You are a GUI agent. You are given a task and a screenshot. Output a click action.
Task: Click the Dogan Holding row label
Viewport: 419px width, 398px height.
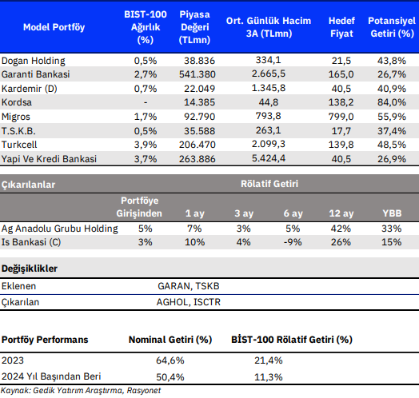pyautogui.click(x=33, y=61)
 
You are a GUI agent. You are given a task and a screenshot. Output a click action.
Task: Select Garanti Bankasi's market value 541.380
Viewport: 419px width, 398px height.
pyautogui.click(x=198, y=74)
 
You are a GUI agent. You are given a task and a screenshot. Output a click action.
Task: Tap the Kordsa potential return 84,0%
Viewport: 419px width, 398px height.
pyautogui.click(x=392, y=102)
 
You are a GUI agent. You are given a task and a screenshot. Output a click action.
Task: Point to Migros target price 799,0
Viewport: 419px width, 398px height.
pyautogui.click(x=341, y=117)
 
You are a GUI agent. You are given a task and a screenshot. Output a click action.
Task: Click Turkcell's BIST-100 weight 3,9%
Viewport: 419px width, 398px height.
pyautogui.click(x=146, y=145)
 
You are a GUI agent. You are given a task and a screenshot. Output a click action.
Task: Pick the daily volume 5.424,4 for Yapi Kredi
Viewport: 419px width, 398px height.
pyautogui.click(x=269, y=158)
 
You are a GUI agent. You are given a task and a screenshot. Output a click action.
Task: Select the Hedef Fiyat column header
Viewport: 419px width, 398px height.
pyautogui.click(x=341, y=27)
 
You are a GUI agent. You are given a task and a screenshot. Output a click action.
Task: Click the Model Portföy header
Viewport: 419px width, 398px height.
pyautogui.click(x=54, y=27)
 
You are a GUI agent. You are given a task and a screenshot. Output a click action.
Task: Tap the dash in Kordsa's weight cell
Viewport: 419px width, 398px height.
pyautogui.click(x=146, y=102)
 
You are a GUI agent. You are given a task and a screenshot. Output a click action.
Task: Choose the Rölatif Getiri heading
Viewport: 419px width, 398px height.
pyautogui.click(x=269, y=184)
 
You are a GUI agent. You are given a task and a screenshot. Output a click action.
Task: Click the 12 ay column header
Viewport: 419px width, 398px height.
pyautogui.click(x=341, y=213)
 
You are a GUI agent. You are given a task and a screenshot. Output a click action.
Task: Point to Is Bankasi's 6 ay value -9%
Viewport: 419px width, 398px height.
pyautogui.click(x=293, y=242)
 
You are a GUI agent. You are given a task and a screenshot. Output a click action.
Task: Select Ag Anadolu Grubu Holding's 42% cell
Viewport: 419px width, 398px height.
pyautogui.click(x=341, y=229)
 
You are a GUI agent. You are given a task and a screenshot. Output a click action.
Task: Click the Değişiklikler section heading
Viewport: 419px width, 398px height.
pyautogui.click(x=30, y=269)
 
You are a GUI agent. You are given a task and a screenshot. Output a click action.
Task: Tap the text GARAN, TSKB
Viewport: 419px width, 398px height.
pyautogui.click(x=189, y=286)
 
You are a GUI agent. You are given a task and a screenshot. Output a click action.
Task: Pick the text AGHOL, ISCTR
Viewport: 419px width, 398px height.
pyautogui.click(x=189, y=302)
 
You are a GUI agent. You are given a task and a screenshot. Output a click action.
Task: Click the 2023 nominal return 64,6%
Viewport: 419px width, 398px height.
pyautogui.click(x=170, y=360)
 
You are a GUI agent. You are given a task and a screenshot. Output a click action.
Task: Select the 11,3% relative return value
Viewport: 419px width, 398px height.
pyautogui.click(x=269, y=377)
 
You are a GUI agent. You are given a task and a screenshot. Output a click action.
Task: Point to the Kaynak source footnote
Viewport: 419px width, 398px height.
pyautogui.click(x=81, y=391)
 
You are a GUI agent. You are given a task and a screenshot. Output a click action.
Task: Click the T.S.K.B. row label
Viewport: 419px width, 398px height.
pyautogui.click(x=18, y=131)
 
